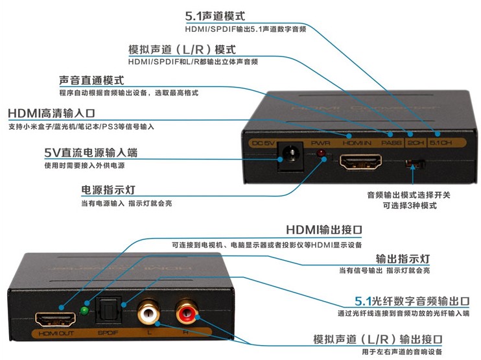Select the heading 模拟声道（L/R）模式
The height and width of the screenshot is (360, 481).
[181, 49]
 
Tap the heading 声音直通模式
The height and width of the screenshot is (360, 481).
[91, 80]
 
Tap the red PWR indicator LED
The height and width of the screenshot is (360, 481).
[320, 154]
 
